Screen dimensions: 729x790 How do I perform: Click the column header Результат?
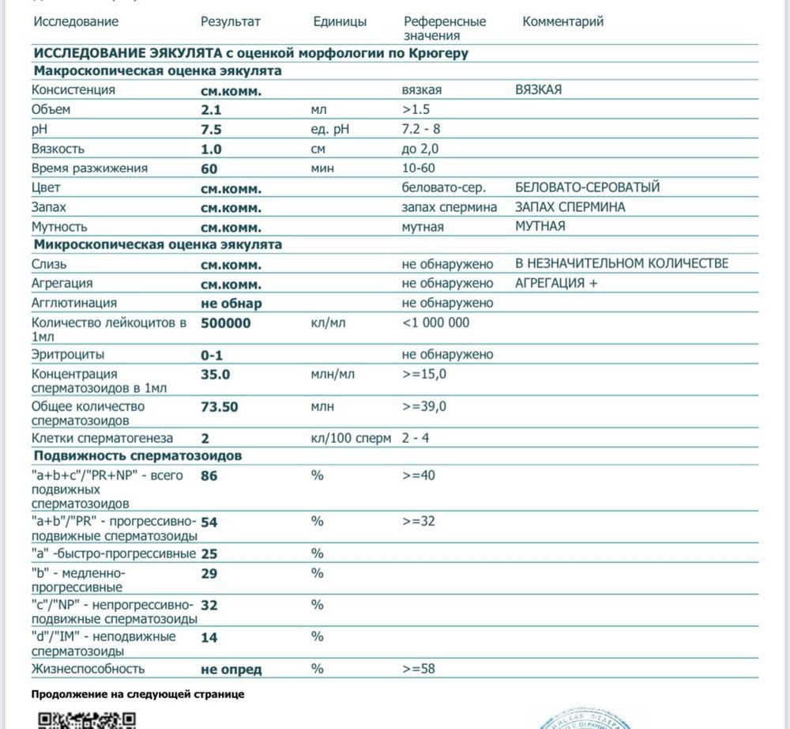click(x=230, y=22)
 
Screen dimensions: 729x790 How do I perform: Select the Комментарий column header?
click(x=562, y=22)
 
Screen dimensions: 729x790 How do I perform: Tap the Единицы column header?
click(x=340, y=22)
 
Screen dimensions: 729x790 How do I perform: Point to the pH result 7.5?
click(x=211, y=130)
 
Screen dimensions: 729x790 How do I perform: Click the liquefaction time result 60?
click(x=209, y=168)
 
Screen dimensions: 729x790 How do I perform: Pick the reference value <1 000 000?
click(x=435, y=322)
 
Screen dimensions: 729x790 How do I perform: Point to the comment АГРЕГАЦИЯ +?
click(x=555, y=283)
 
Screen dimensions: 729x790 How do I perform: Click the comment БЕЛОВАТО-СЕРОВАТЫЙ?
click(x=587, y=187)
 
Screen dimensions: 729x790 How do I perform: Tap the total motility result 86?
click(x=209, y=476)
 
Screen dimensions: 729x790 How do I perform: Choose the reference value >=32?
click(x=419, y=521)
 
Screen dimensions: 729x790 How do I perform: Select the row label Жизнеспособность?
click(x=88, y=669)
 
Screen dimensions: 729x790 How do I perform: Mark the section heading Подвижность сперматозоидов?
click(x=137, y=456)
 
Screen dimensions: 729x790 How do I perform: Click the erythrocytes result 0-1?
click(x=213, y=355)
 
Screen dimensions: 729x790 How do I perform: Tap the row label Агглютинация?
click(x=74, y=303)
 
